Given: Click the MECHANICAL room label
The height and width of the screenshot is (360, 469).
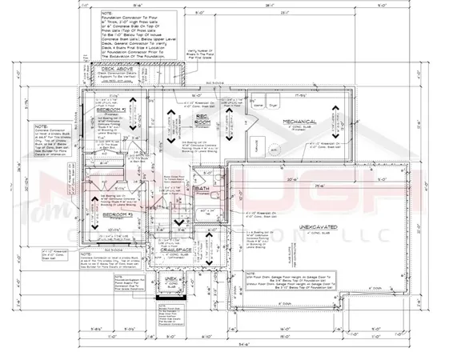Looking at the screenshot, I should (295, 122).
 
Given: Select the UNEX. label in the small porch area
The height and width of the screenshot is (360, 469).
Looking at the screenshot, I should (170, 280).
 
